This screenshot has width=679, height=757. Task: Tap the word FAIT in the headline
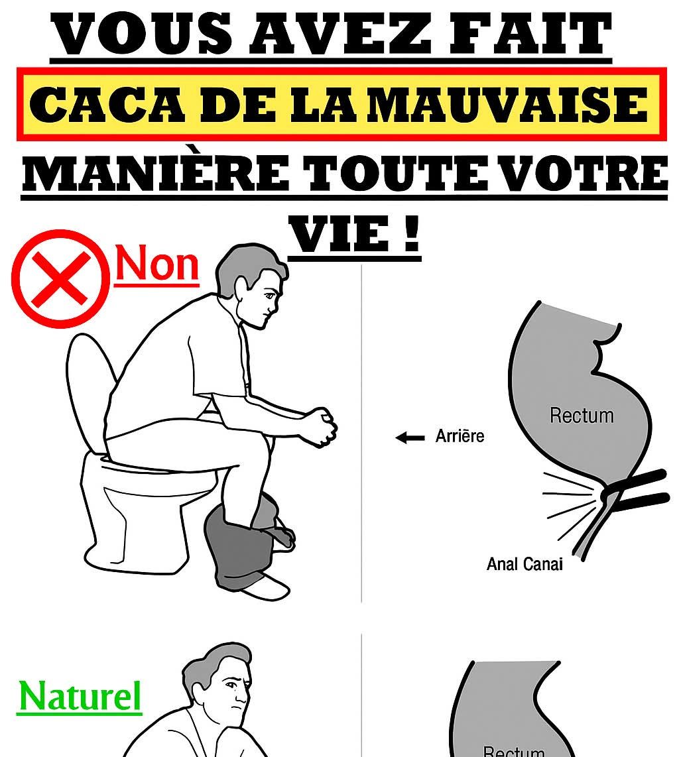pyautogui.click(x=530, y=33)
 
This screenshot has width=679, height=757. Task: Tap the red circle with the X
pyautogui.click(x=60, y=278)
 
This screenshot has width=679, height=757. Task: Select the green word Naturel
pyautogui.click(x=80, y=697)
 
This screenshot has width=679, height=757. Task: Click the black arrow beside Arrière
pyautogui.click(x=410, y=437)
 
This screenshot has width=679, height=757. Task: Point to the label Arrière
pyautogui.click(x=460, y=436)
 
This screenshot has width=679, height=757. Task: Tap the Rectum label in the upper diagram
pyautogui.click(x=582, y=416)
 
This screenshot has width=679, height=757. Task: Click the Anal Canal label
pyautogui.click(x=525, y=564)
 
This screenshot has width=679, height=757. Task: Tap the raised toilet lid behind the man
pyautogui.click(x=92, y=391)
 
